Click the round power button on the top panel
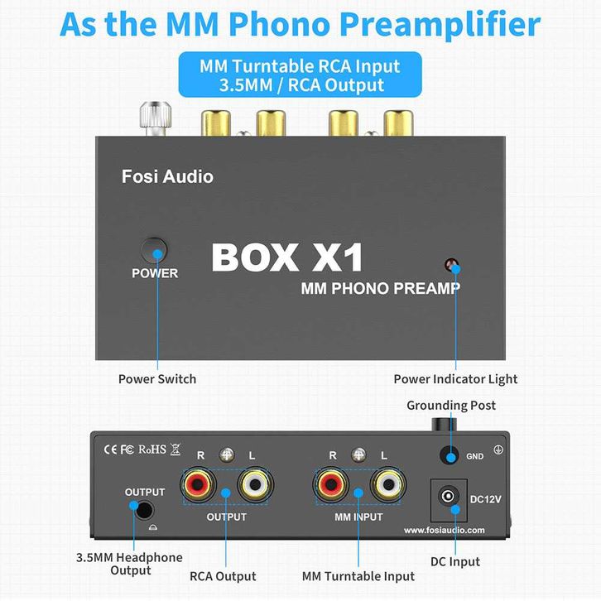coord(153,250)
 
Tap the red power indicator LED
coord(452,267)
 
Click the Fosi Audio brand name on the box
coord(167,176)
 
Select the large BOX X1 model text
coord(287,257)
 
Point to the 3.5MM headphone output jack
coord(146,512)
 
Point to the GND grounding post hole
coord(450,455)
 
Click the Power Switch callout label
coord(157,379)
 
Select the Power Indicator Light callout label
coord(455,379)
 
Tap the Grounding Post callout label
coord(451,405)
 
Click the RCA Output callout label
coord(223,576)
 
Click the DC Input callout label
coord(455,562)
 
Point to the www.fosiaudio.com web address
coord(445,531)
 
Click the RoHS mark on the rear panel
coord(152,450)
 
